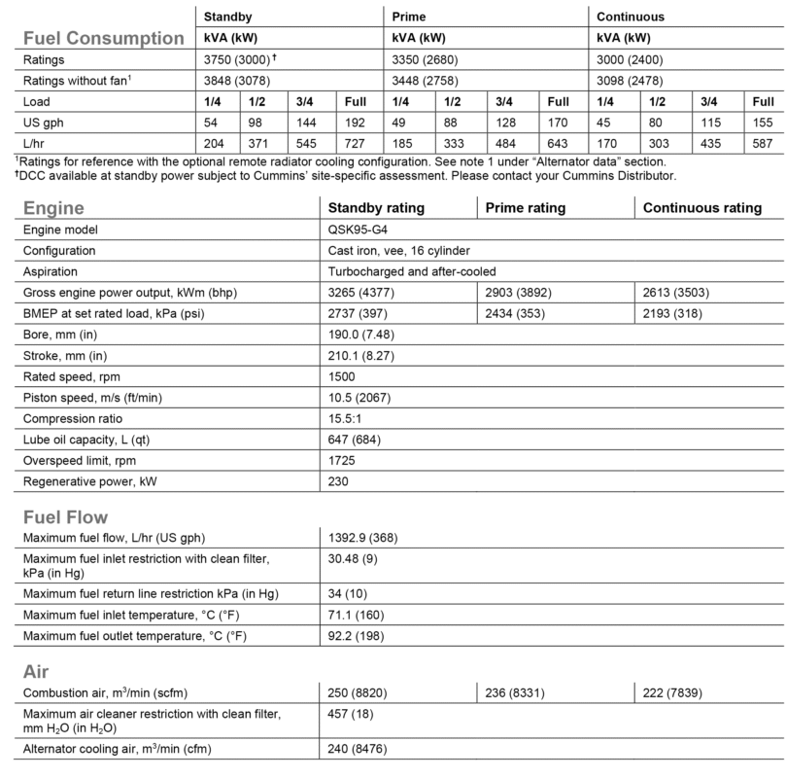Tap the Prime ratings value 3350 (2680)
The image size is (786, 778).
click(x=428, y=58)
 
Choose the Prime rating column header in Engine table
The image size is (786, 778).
click(x=525, y=208)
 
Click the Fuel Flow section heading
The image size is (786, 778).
click(x=65, y=516)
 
